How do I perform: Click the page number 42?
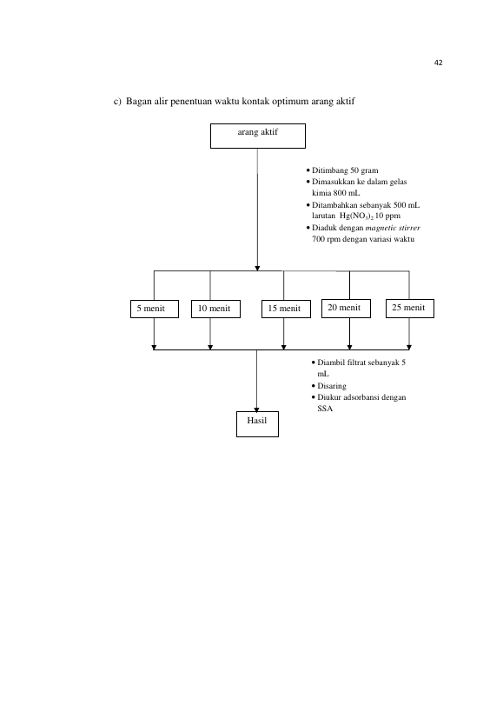pyautogui.click(x=438, y=63)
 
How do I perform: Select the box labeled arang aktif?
pyautogui.click(x=258, y=136)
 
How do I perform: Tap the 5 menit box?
pyautogui.click(x=155, y=309)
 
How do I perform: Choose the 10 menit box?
pyautogui.click(x=215, y=309)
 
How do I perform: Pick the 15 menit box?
pyautogui.click(x=286, y=309)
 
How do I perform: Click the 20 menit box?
pyautogui.click(x=346, y=309)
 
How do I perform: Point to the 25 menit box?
pyautogui.click(x=409, y=309)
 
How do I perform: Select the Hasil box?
pyautogui.click(x=257, y=424)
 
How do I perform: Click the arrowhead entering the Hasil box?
pyautogui.click(x=257, y=409)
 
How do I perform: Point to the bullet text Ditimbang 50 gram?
pyautogui.click(x=345, y=170)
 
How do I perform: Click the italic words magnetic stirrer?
pyautogui.click(x=393, y=228)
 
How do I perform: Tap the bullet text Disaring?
pyautogui.click(x=332, y=386)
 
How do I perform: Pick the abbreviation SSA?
pyautogui.click(x=325, y=409)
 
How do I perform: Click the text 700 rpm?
pyautogui.click(x=326, y=239)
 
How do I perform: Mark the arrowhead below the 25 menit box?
pyautogui.click(x=408, y=348)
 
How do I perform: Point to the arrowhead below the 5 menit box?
pyautogui.click(x=154, y=348)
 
